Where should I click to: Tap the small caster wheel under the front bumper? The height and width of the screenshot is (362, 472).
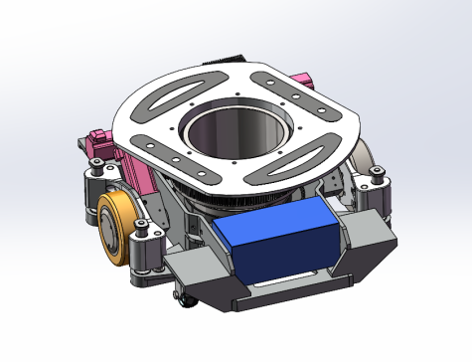179,297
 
